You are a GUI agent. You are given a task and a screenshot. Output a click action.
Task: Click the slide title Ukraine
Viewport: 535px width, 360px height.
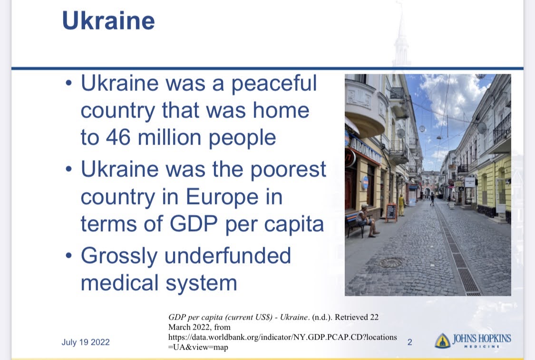pos(108,21)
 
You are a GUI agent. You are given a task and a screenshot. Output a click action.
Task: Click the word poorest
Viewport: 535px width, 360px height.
pos(288,170)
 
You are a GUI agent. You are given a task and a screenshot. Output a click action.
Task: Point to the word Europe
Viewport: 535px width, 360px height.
pos(222,197)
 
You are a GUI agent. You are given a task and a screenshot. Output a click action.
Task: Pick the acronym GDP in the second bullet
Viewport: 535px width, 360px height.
pos(194,224)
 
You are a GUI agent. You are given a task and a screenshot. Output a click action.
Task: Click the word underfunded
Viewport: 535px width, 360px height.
pos(228,256)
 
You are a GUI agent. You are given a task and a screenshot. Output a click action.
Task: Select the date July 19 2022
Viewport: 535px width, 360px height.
pos(86,342)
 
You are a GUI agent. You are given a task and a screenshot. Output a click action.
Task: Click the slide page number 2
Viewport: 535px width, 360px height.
pos(410,342)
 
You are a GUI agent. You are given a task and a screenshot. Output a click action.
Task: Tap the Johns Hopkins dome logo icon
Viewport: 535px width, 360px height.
pos(443,341)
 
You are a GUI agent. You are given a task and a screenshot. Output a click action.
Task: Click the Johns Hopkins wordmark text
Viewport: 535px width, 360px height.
pos(482,341)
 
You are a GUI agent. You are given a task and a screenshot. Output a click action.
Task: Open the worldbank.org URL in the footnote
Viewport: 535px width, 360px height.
pos(282,342)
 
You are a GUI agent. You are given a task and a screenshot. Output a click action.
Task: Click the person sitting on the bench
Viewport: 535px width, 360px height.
pos(366,220)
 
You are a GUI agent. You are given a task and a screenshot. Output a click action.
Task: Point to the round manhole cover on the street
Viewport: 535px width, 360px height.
pos(391,263)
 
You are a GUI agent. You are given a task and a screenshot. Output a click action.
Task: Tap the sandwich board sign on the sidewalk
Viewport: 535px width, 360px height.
pos(391,212)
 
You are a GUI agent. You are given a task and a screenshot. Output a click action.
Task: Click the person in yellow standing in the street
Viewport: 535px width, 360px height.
pos(401,205)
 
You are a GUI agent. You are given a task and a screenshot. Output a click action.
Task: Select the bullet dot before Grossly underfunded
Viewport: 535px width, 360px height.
pos(69,255)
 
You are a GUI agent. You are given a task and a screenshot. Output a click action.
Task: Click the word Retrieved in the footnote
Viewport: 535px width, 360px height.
pos(351,317)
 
